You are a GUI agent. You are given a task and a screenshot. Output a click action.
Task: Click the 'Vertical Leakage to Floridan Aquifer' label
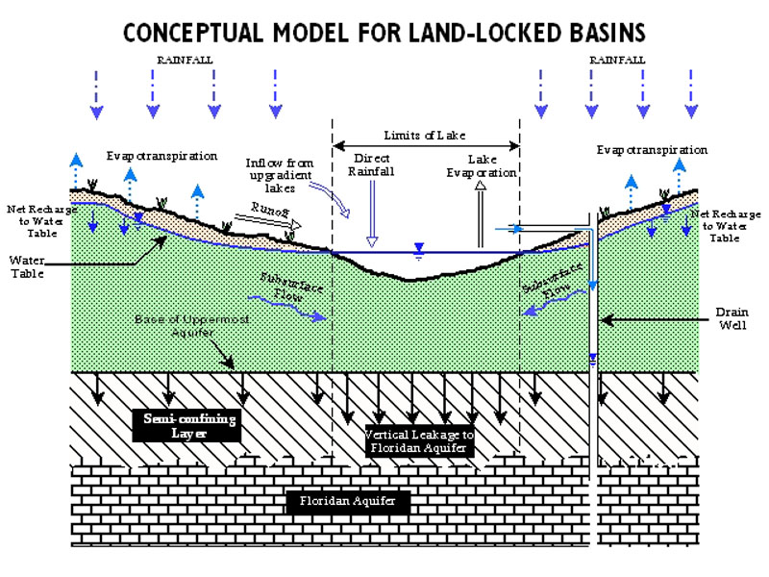(420, 441)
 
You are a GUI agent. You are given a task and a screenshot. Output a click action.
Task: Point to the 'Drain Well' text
(730, 318)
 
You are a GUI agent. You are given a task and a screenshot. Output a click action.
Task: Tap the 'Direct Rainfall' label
(372, 164)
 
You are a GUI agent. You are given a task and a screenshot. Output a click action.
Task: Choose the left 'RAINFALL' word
(185, 60)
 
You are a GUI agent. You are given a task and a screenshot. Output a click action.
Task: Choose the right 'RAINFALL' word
(617, 60)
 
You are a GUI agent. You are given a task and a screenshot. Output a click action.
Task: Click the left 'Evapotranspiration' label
(162, 154)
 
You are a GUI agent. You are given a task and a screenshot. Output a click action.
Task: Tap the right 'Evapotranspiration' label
(652, 150)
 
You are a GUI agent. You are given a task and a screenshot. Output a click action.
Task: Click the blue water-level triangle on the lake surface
(417, 248)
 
